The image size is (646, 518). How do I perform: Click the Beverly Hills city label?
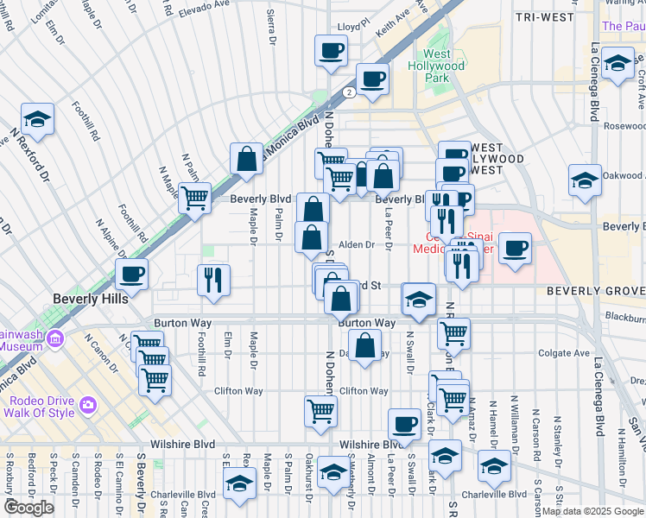pyautogui.click(x=90, y=299)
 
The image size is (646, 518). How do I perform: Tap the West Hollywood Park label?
pyautogui.click(x=444, y=66)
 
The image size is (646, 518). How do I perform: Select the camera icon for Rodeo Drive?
pyautogui.click(x=87, y=404)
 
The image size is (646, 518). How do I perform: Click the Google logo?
pyautogui.click(x=28, y=508)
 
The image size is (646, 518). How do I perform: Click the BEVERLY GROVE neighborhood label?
pyautogui.click(x=595, y=292)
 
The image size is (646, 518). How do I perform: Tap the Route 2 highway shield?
pyautogui.click(x=347, y=92)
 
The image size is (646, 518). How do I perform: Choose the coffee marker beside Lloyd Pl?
pyautogui.click(x=330, y=50)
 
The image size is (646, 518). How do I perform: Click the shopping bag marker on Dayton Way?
pyautogui.click(x=366, y=345)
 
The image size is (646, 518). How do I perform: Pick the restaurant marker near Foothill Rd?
pyautogui.click(x=212, y=279)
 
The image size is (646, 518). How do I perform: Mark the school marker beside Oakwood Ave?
pyautogui.click(x=585, y=180)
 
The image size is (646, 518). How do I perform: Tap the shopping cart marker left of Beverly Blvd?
pyautogui.click(x=195, y=198)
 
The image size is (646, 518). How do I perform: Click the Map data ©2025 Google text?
pyautogui.click(x=592, y=511)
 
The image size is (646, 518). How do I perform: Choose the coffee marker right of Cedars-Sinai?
pyautogui.click(x=515, y=248)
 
